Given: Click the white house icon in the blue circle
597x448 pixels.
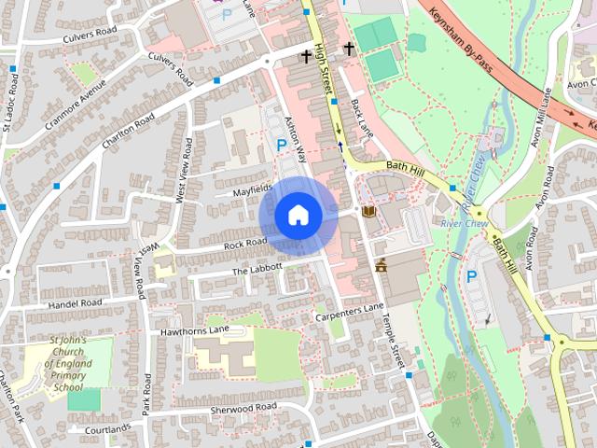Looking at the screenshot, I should (x=298, y=215).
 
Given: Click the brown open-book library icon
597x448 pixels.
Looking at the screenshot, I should (x=368, y=213).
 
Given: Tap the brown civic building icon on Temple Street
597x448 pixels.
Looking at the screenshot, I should (x=382, y=265).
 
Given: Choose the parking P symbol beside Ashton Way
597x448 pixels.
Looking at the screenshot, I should (x=282, y=146).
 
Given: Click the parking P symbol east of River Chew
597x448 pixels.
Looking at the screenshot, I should (x=472, y=276).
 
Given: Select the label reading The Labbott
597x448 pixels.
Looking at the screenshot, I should (x=257, y=269).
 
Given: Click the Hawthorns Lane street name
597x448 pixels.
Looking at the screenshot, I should (x=194, y=330).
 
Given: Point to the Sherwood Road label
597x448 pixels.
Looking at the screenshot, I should (x=245, y=407).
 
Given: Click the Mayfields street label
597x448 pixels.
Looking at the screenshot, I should (x=252, y=189).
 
